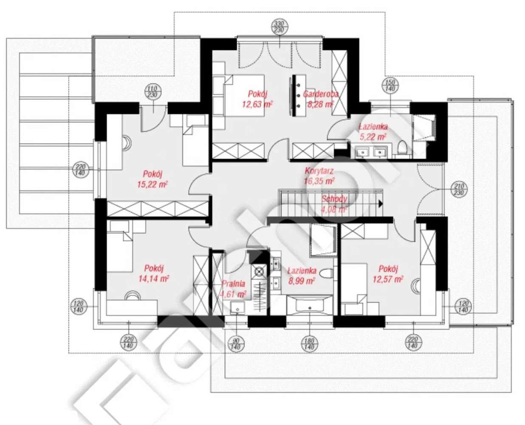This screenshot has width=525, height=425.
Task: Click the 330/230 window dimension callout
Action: pyautogui.click(x=279, y=27)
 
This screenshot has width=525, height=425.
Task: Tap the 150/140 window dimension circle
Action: pyautogui.click(x=390, y=85)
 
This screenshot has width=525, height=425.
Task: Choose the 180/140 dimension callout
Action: pyautogui.click(x=309, y=343)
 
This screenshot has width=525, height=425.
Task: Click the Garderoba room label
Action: pyautogui.click(x=321, y=94)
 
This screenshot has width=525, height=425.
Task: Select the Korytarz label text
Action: pyautogui.click(x=319, y=171)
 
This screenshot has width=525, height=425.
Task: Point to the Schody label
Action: pyautogui.click(x=334, y=199)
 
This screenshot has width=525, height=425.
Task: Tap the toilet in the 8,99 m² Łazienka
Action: pyautogui.click(x=326, y=273)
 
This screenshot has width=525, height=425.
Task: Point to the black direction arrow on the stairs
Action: pyautogui.click(x=380, y=204)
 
